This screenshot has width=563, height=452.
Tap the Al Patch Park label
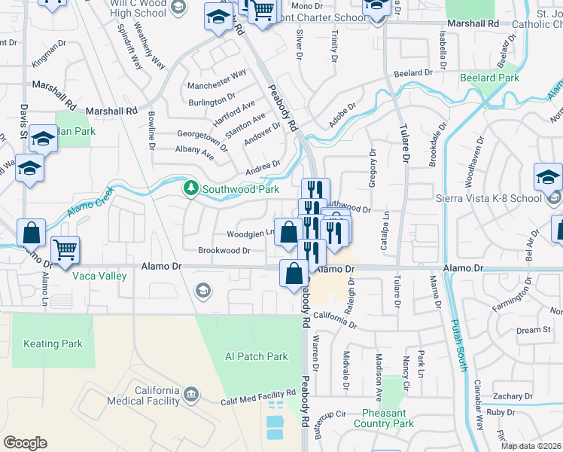257,356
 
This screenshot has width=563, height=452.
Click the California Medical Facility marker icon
191,393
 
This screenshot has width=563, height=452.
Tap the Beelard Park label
489,78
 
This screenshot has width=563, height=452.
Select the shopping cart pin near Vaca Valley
65,249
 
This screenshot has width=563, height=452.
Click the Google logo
25,442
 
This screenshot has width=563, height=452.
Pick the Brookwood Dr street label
224,250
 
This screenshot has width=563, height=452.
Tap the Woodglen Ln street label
250,233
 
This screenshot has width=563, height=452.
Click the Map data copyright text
531,446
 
